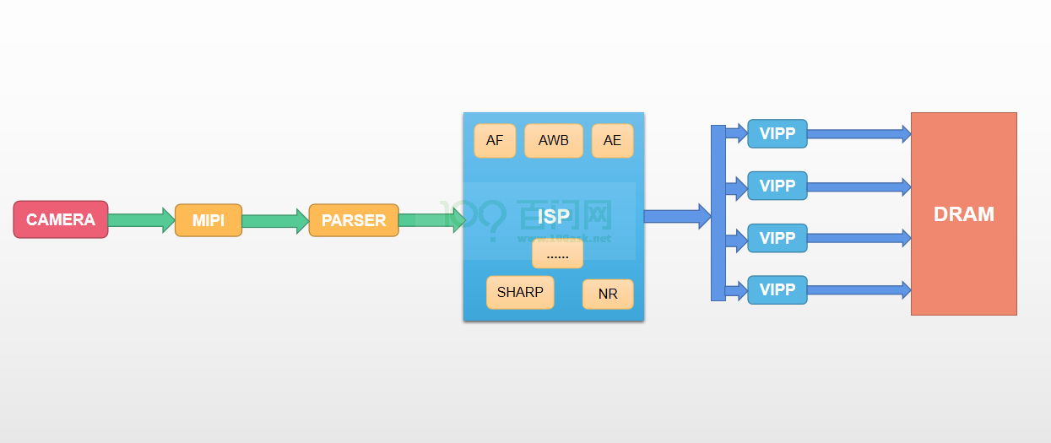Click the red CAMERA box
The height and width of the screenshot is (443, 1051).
(x=61, y=219)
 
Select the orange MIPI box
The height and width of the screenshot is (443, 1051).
(x=209, y=220)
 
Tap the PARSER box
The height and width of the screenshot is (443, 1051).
(x=354, y=220)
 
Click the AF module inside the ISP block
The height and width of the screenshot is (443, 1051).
(x=495, y=141)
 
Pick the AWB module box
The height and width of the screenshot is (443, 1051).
(x=554, y=141)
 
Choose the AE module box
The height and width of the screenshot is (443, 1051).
(x=612, y=141)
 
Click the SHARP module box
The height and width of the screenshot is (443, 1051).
(x=520, y=293)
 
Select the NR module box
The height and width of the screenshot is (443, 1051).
(x=608, y=294)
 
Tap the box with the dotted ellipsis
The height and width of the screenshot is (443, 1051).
(x=557, y=255)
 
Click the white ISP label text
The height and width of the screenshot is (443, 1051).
(x=554, y=217)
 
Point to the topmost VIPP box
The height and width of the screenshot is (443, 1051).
(x=777, y=133)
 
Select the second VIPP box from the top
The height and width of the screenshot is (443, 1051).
(x=777, y=186)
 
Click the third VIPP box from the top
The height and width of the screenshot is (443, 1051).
(x=777, y=238)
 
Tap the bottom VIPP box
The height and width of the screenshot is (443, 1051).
(x=777, y=289)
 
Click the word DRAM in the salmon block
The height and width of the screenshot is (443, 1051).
(x=964, y=214)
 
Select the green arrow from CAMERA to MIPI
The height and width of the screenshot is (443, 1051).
(x=141, y=220)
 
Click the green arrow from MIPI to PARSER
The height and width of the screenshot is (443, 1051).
(x=275, y=221)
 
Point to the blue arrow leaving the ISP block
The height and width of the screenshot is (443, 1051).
(x=678, y=217)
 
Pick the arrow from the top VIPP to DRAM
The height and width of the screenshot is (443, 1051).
(x=859, y=134)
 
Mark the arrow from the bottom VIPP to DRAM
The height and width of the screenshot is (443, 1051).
(x=859, y=289)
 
